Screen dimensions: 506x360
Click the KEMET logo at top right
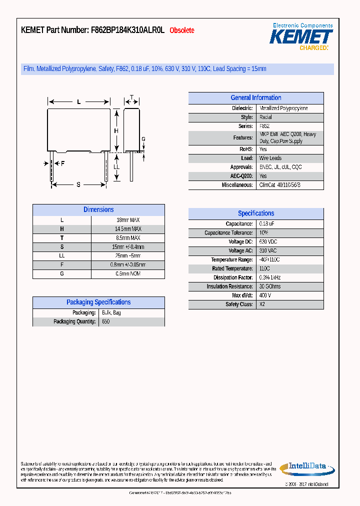[x=301, y=36]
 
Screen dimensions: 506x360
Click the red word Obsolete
[x=182, y=30]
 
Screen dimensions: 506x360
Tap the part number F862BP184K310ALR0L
[x=127, y=30]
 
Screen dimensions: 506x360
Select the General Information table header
[x=255, y=98]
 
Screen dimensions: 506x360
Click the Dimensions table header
[x=98, y=210]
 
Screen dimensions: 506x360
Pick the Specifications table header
[x=255, y=213]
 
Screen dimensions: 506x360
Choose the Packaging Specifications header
[x=98, y=302]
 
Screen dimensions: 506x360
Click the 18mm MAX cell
[x=128, y=220]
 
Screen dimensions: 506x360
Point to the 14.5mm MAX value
[x=128, y=229]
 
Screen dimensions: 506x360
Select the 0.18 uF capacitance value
[x=266, y=224]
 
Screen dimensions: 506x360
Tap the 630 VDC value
[x=268, y=242]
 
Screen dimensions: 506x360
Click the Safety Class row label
[x=239, y=304]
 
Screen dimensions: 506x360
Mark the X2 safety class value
[x=262, y=304]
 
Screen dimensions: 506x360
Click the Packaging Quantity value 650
[x=105, y=322]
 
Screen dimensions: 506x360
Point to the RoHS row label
[x=246, y=149]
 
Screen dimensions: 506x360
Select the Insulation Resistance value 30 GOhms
[x=270, y=286]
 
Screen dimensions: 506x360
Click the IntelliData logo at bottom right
[x=306, y=468]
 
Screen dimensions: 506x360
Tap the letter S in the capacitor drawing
[x=78, y=185]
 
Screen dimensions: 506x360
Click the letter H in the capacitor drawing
[x=116, y=131]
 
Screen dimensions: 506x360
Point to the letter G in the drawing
[x=143, y=139]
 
